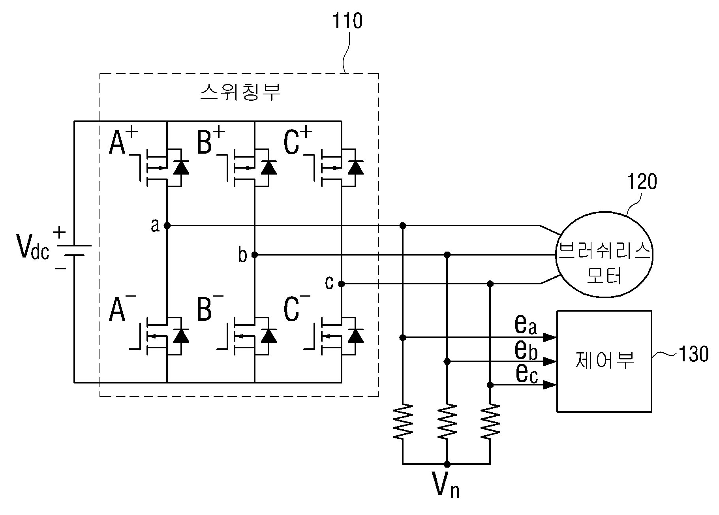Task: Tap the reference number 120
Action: click(642, 182)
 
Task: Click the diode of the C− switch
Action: click(356, 335)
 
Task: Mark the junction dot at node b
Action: click(255, 255)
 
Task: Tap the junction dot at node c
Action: click(342, 284)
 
